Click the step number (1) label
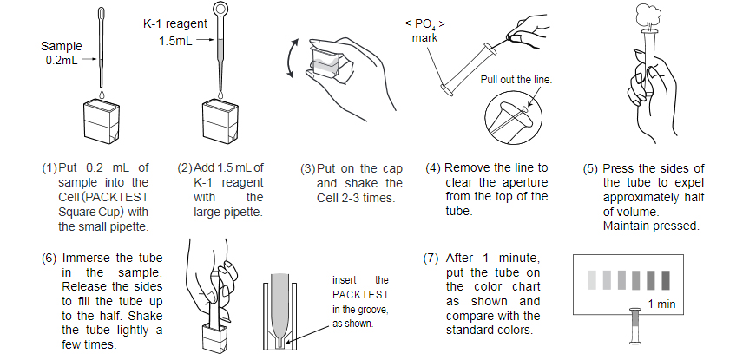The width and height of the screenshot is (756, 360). [x=49, y=167]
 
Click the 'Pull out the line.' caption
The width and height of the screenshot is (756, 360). [x=516, y=79]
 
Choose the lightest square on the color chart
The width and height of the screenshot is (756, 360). [x=593, y=279]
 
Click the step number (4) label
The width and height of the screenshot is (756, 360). [x=434, y=167]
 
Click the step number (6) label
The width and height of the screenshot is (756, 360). [x=49, y=259]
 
